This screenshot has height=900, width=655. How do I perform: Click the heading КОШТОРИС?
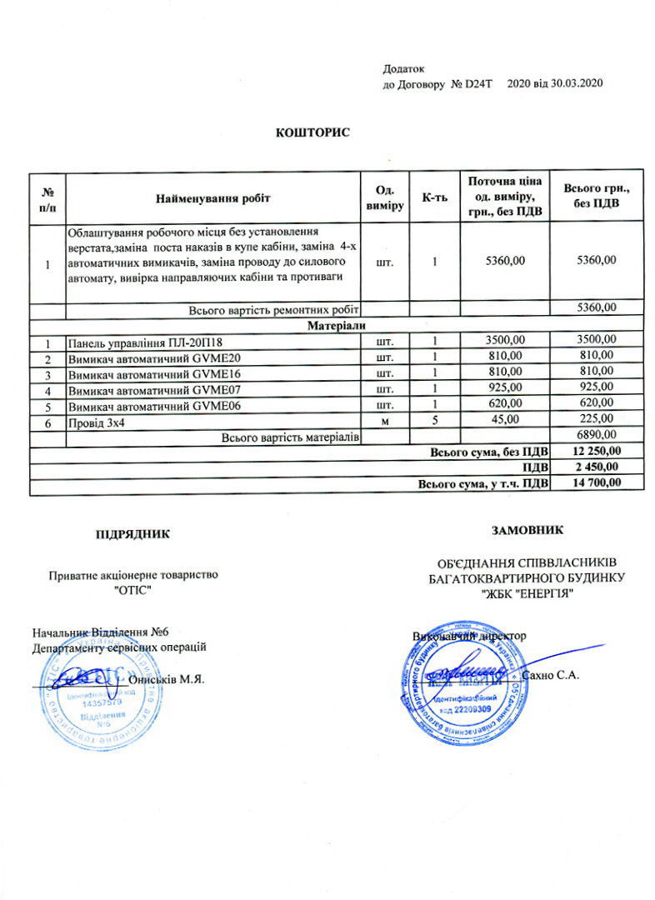[x=312, y=132]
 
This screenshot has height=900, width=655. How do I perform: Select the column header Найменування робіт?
[x=213, y=198]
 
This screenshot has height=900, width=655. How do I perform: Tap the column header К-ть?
[x=435, y=198]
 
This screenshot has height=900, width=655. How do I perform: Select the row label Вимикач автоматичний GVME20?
[x=154, y=357]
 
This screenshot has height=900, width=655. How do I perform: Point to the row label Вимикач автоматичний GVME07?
[x=154, y=389]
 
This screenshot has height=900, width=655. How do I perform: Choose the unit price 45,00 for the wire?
[x=506, y=420]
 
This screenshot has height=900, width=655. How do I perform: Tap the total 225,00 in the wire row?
[x=597, y=420]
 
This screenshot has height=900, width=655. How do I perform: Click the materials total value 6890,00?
[x=597, y=436]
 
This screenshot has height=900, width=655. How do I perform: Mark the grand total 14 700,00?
[x=597, y=483]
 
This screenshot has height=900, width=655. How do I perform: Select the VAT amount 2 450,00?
[x=597, y=467]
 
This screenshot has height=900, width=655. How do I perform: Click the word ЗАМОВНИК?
[x=527, y=528]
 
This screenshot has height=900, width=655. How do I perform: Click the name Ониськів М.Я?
[x=167, y=678]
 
